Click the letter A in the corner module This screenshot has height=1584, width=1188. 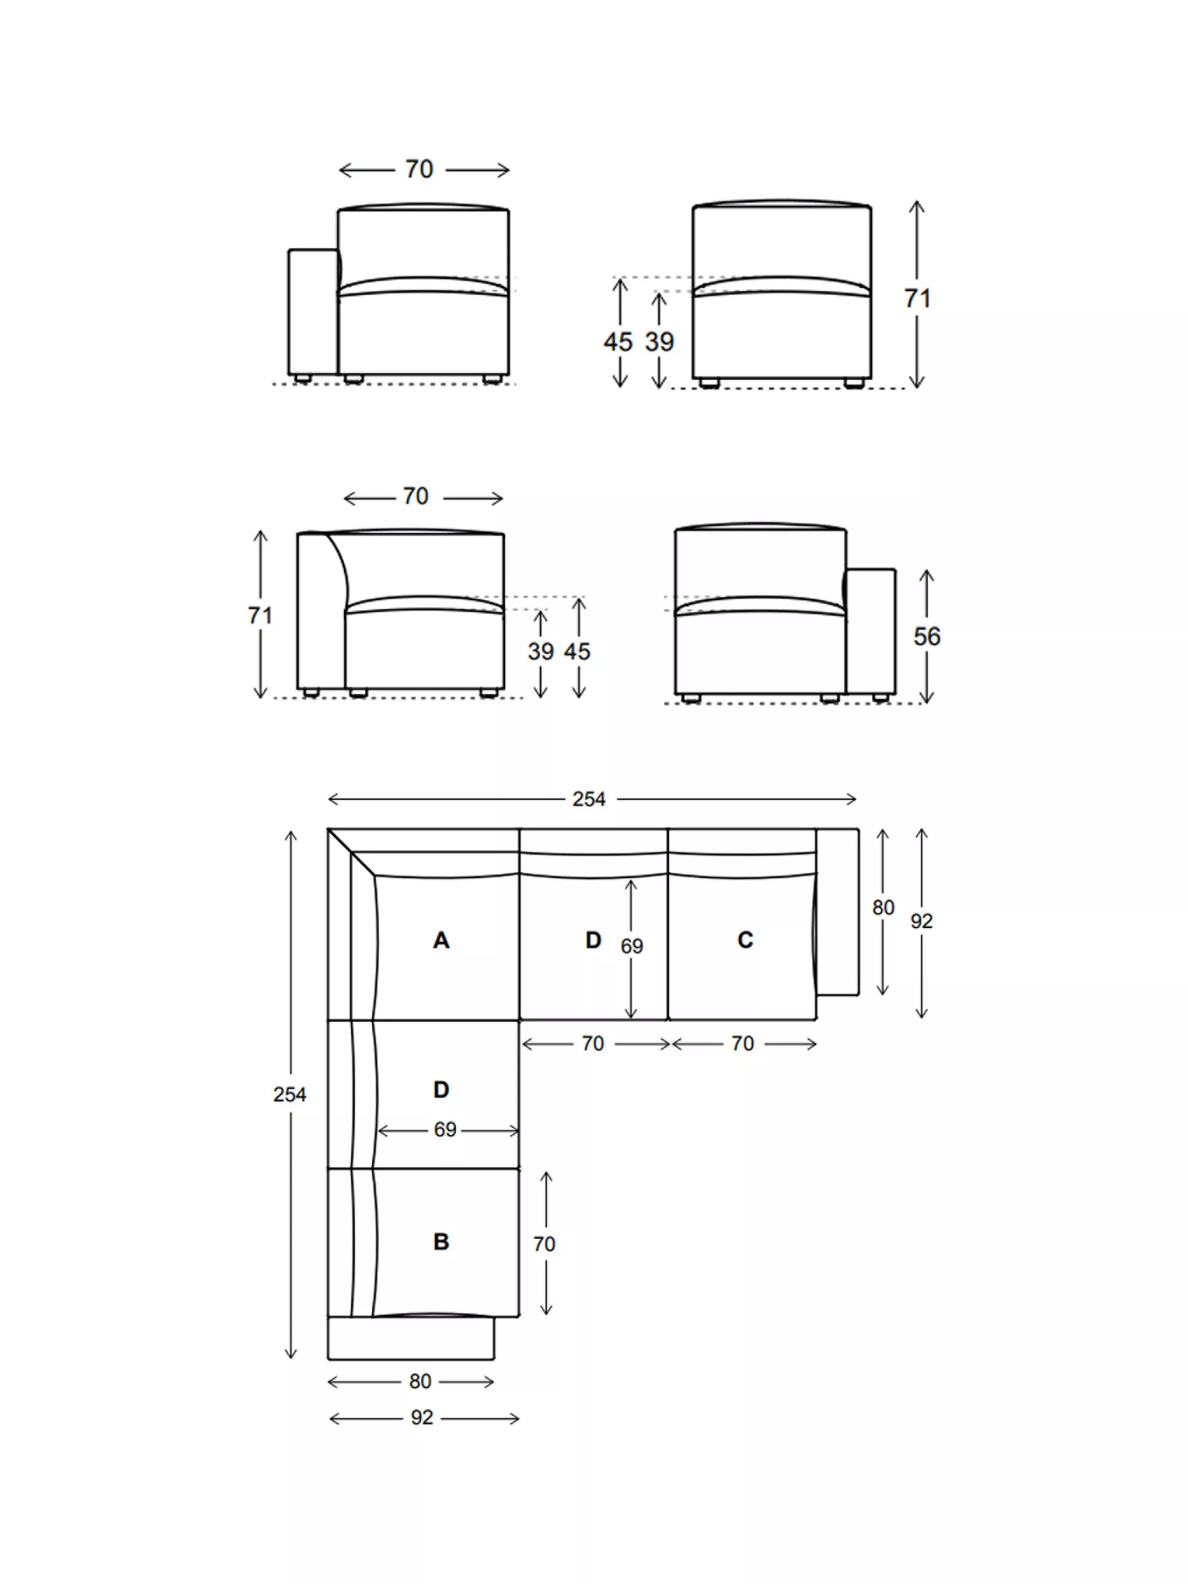[x=441, y=940]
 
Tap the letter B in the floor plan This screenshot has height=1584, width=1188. [x=441, y=1242]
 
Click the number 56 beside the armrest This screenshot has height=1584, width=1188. [x=926, y=637]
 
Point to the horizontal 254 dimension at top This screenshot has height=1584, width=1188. [x=589, y=799]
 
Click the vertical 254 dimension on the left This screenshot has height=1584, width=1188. [x=289, y=1094]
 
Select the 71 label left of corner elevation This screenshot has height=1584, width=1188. [x=260, y=615]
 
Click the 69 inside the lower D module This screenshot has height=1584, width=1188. [x=445, y=1129]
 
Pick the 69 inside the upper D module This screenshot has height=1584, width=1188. [x=631, y=947]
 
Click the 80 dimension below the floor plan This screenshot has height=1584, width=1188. [x=420, y=1381]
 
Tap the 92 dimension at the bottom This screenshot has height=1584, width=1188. [x=422, y=1418]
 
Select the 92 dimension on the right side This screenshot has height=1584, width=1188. [x=921, y=921]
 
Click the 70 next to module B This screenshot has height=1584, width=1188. [x=544, y=1244]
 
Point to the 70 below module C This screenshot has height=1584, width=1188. [x=742, y=1043]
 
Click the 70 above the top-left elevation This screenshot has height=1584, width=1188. [x=419, y=169]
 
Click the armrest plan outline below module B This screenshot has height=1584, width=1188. [x=410, y=1337]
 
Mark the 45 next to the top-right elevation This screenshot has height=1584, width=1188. [x=617, y=342]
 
